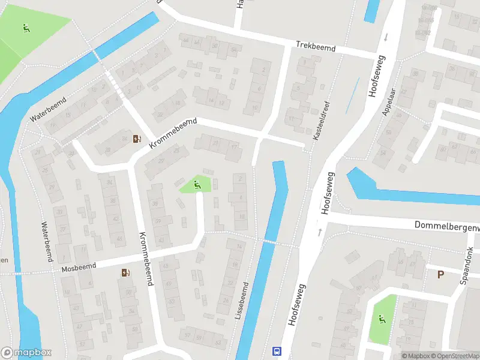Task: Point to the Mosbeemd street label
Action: pyautogui.click(x=79, y=266)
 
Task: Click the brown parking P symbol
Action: pyautogui.click(x=440, y=275)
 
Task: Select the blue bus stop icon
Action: pyautogui.click(x=277, y=351)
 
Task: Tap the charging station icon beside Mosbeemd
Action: pyautogui.click(x=125, y=273)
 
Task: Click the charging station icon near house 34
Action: pyautogui.click(x=137, y=140)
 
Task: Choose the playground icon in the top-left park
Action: pyautogui.click(x=26, y=28)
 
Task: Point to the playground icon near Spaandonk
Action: pyautogui.click(x=381, y=319)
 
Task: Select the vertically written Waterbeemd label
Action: pyautogui.click(x=44, y=242)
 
